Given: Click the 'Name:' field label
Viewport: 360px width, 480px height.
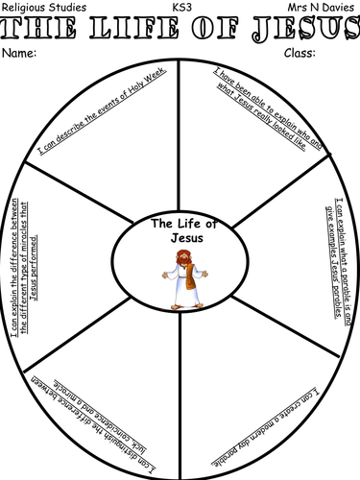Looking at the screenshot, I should [21, 53].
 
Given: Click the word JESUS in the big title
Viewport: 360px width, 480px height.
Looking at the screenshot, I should [307, 29].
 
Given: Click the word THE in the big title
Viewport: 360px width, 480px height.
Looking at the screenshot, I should [40, 29].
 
